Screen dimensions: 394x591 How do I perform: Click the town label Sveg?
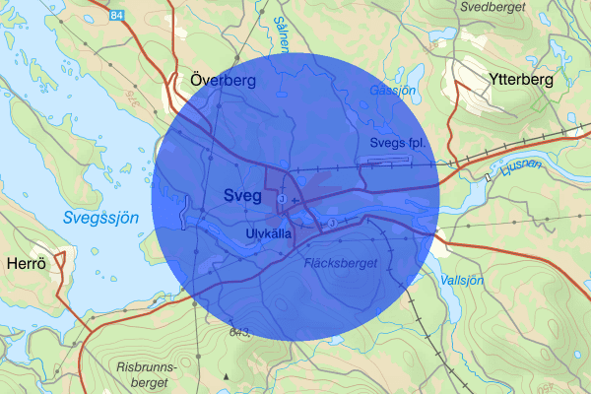point(242,196)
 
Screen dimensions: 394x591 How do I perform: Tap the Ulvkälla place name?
point(268,232)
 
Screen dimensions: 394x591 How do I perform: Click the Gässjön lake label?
point(393,91)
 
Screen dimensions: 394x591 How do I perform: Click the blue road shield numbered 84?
point(118,16)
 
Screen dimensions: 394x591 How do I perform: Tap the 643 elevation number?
point(240,333)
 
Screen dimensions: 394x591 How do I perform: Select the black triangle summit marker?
point(226,376)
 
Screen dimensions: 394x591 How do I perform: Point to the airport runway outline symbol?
point(390,158)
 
